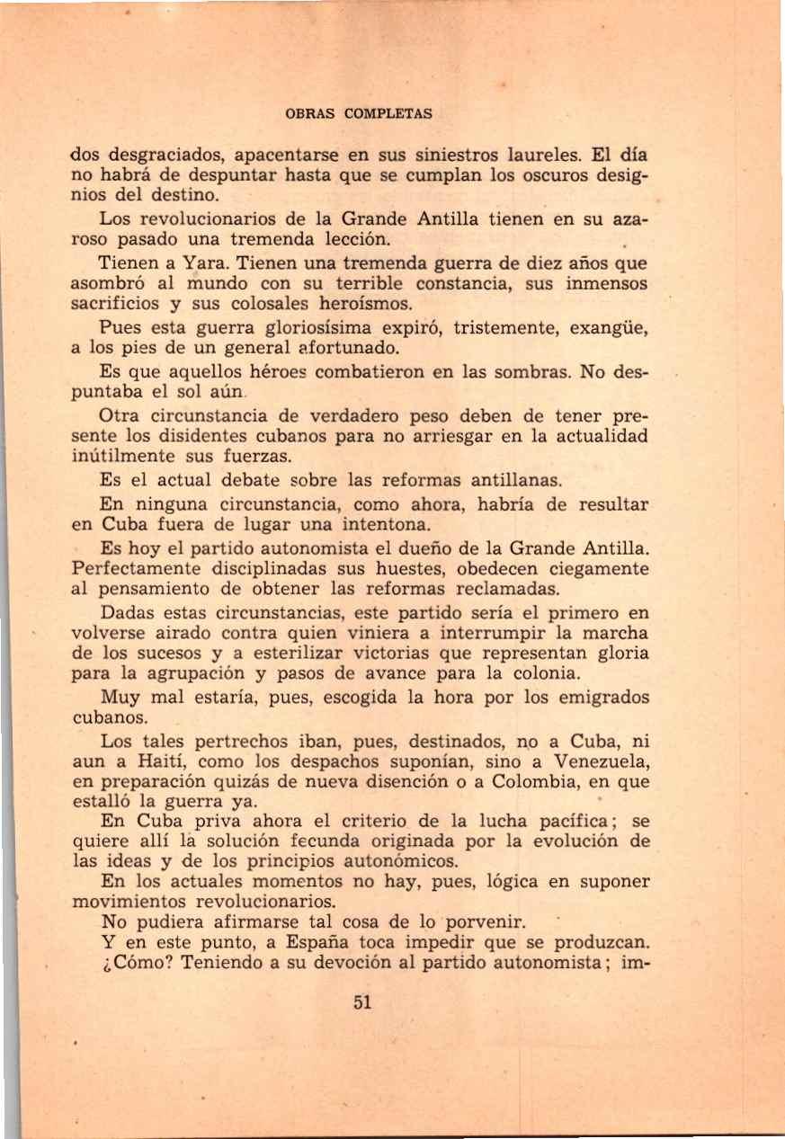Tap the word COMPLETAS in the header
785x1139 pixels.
(x=388, y=114)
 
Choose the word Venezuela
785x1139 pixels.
(x=598, y=763)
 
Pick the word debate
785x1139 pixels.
(x=224, y=481)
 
